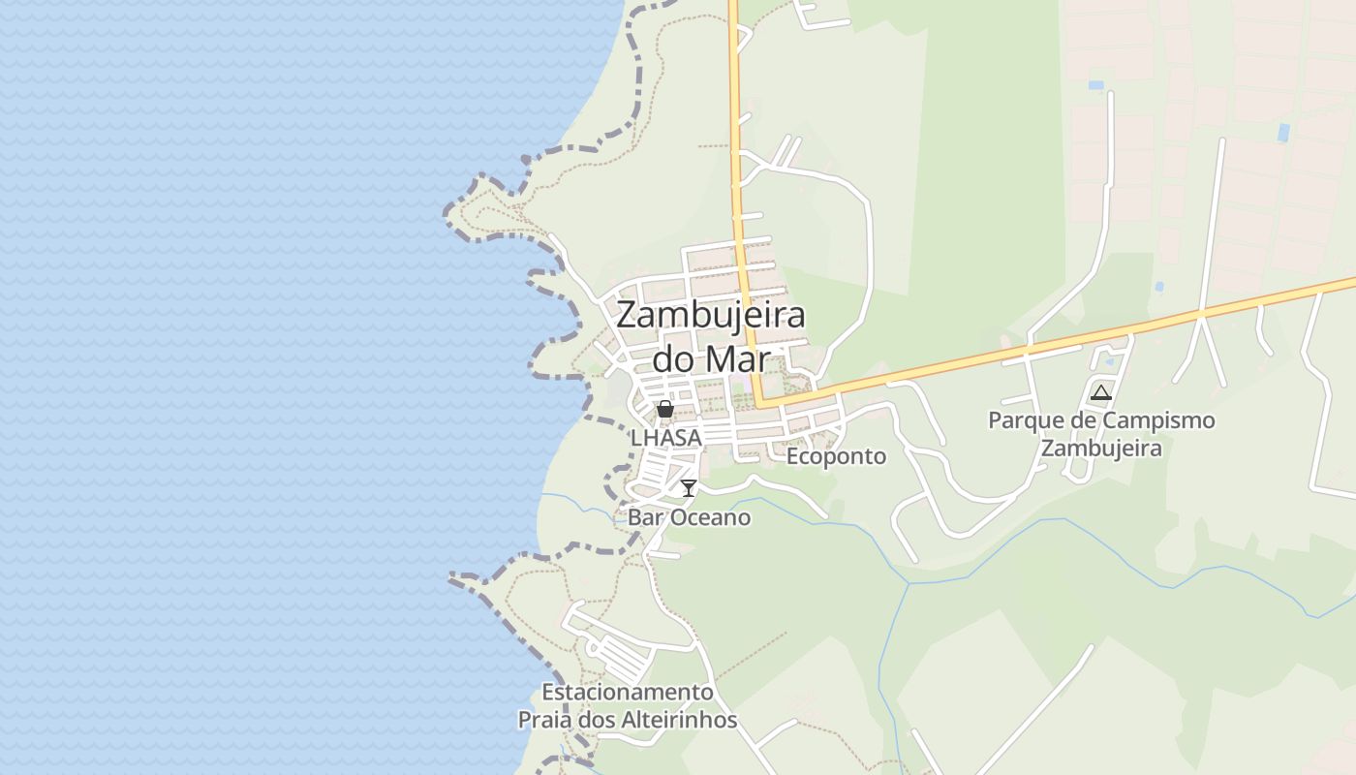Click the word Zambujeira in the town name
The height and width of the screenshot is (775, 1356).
[711, 316]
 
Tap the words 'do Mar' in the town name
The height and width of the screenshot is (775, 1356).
[711, 358]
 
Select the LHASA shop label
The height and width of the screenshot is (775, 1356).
[665, 438]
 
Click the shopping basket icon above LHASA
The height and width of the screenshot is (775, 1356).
[665, 409]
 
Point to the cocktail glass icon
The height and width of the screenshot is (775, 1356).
[689, 487]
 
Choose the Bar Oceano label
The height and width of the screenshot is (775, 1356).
[689, 517]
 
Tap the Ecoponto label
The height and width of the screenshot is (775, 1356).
[836, 456]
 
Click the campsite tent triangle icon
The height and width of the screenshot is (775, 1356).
[1100, 392]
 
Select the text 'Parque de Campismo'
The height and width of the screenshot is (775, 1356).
[1101, 421]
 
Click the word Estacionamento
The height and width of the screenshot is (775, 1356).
[628, 693]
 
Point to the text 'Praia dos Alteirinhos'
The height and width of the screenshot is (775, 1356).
[628, 721]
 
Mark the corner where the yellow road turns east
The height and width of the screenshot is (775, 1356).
[759, 400]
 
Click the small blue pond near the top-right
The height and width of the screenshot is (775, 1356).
[1283, 132]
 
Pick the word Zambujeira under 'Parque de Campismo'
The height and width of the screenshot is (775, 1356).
[1101, 449]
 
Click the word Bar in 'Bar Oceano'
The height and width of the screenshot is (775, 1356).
[643, 517]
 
